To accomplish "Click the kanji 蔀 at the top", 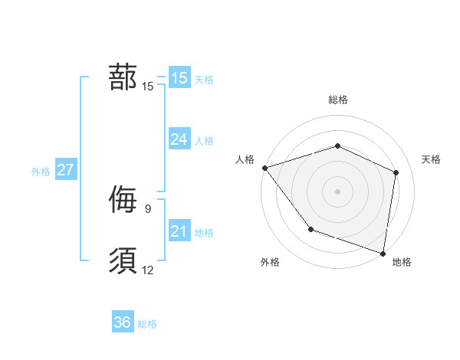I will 123,77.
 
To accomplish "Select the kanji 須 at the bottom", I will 123,260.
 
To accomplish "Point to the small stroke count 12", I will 148,270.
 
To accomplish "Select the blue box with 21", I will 179,231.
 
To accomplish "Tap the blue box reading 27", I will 65,170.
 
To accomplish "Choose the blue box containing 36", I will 122,322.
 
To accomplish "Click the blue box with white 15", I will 179,77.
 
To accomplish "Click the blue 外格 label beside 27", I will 41,172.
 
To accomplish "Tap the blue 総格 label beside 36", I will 147,324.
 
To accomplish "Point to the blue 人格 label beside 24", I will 204,141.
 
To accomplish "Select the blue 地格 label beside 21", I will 204,233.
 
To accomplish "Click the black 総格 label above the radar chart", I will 337,100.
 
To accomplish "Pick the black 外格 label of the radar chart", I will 270,262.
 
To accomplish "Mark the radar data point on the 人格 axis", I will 264,167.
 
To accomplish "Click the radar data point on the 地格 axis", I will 383,253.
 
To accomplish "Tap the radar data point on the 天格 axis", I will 396,172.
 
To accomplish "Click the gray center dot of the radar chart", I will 337,191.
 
